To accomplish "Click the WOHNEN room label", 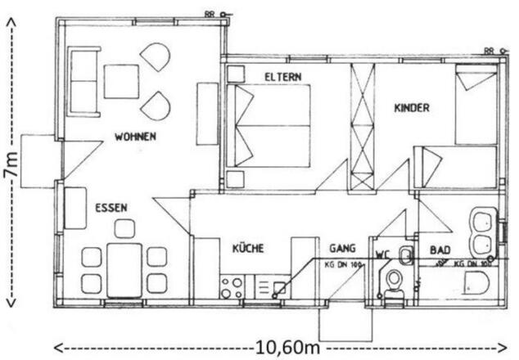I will [135, 136].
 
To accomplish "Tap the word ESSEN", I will [111, 208].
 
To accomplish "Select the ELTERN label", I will [283, 77].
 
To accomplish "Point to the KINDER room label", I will [412, 107].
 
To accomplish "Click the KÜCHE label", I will [248, 248].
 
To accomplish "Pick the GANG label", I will [342, 247].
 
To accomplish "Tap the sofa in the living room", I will [84, 81].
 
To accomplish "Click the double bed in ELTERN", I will [272, 125].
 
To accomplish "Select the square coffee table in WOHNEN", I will [120, 81].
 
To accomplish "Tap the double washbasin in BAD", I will [481, 232].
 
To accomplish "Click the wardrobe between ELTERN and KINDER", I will [361, 127].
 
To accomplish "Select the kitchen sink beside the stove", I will [266, 286].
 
